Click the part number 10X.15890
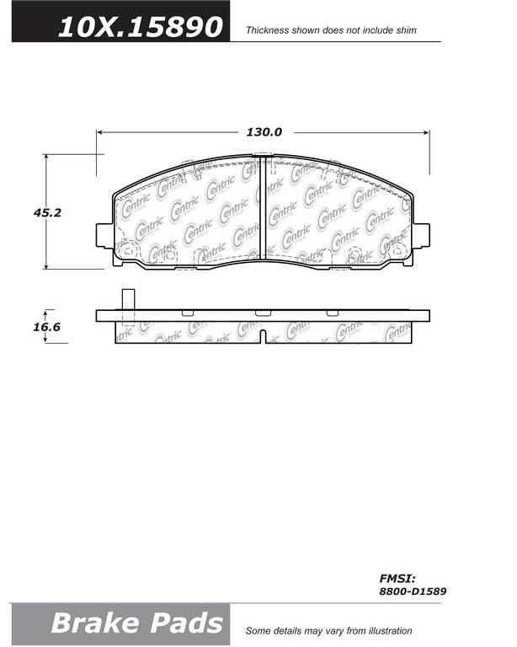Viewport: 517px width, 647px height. pos(140,27)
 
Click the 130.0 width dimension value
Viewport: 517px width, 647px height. pos(264,132)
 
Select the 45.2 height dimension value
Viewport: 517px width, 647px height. pos(47,212)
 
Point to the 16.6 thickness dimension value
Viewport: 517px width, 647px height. pos(46,327)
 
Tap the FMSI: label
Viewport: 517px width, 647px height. pos(397,578)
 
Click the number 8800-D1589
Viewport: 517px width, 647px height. pos(413,591)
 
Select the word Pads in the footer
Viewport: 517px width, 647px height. pos(187,623)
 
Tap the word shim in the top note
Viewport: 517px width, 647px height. pos(406,30)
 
